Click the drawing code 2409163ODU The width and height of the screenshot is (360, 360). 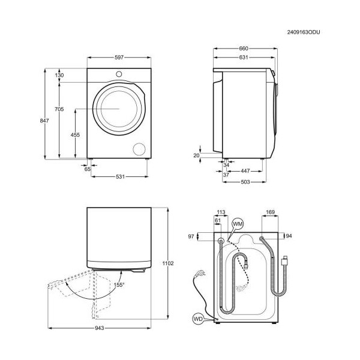pos(303,32)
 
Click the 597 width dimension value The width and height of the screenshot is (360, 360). pos(119,58)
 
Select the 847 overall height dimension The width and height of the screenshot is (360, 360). pos(44,121)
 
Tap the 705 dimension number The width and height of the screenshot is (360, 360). pos(59,109)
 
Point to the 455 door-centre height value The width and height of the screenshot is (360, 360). pos(75,135)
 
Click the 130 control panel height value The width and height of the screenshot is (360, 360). pos(59,75)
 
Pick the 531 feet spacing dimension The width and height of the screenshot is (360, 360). pos(120,176)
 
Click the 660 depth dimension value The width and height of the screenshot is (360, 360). pos(244,49)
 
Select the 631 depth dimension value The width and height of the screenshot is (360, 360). pos(244,57)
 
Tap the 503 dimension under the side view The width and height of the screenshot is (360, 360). pos(245,182)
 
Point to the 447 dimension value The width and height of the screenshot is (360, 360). pos(245,171)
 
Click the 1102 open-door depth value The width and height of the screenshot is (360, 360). pos(168,263)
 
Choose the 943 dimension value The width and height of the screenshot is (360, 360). pos(99,328)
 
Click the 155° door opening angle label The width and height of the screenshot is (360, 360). pos(119,285)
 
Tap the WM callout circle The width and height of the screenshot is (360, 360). pos(238,224)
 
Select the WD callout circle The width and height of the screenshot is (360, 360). pos(198,319)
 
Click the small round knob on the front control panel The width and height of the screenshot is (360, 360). pos(119,74)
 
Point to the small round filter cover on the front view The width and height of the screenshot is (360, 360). pos(139,149)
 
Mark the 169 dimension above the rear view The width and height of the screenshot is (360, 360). pos(270,212)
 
